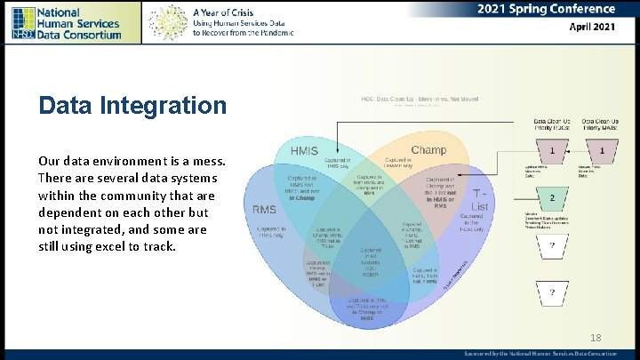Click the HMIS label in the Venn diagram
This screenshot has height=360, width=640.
(304, 151)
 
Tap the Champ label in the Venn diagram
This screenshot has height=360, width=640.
(428, 149)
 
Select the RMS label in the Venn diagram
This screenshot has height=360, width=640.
(264, 210)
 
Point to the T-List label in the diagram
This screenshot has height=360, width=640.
(479, 199)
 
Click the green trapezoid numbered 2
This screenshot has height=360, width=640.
(552, 197)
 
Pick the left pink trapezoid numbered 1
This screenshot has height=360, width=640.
(552, 151)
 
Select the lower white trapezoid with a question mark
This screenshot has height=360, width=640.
(552, 291)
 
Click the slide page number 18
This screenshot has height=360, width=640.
(595, 337)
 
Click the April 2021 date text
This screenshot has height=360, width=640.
(591, 27)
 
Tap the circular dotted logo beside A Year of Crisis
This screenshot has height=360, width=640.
(168, 22)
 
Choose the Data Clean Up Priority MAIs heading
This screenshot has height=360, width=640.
(602, 125)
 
